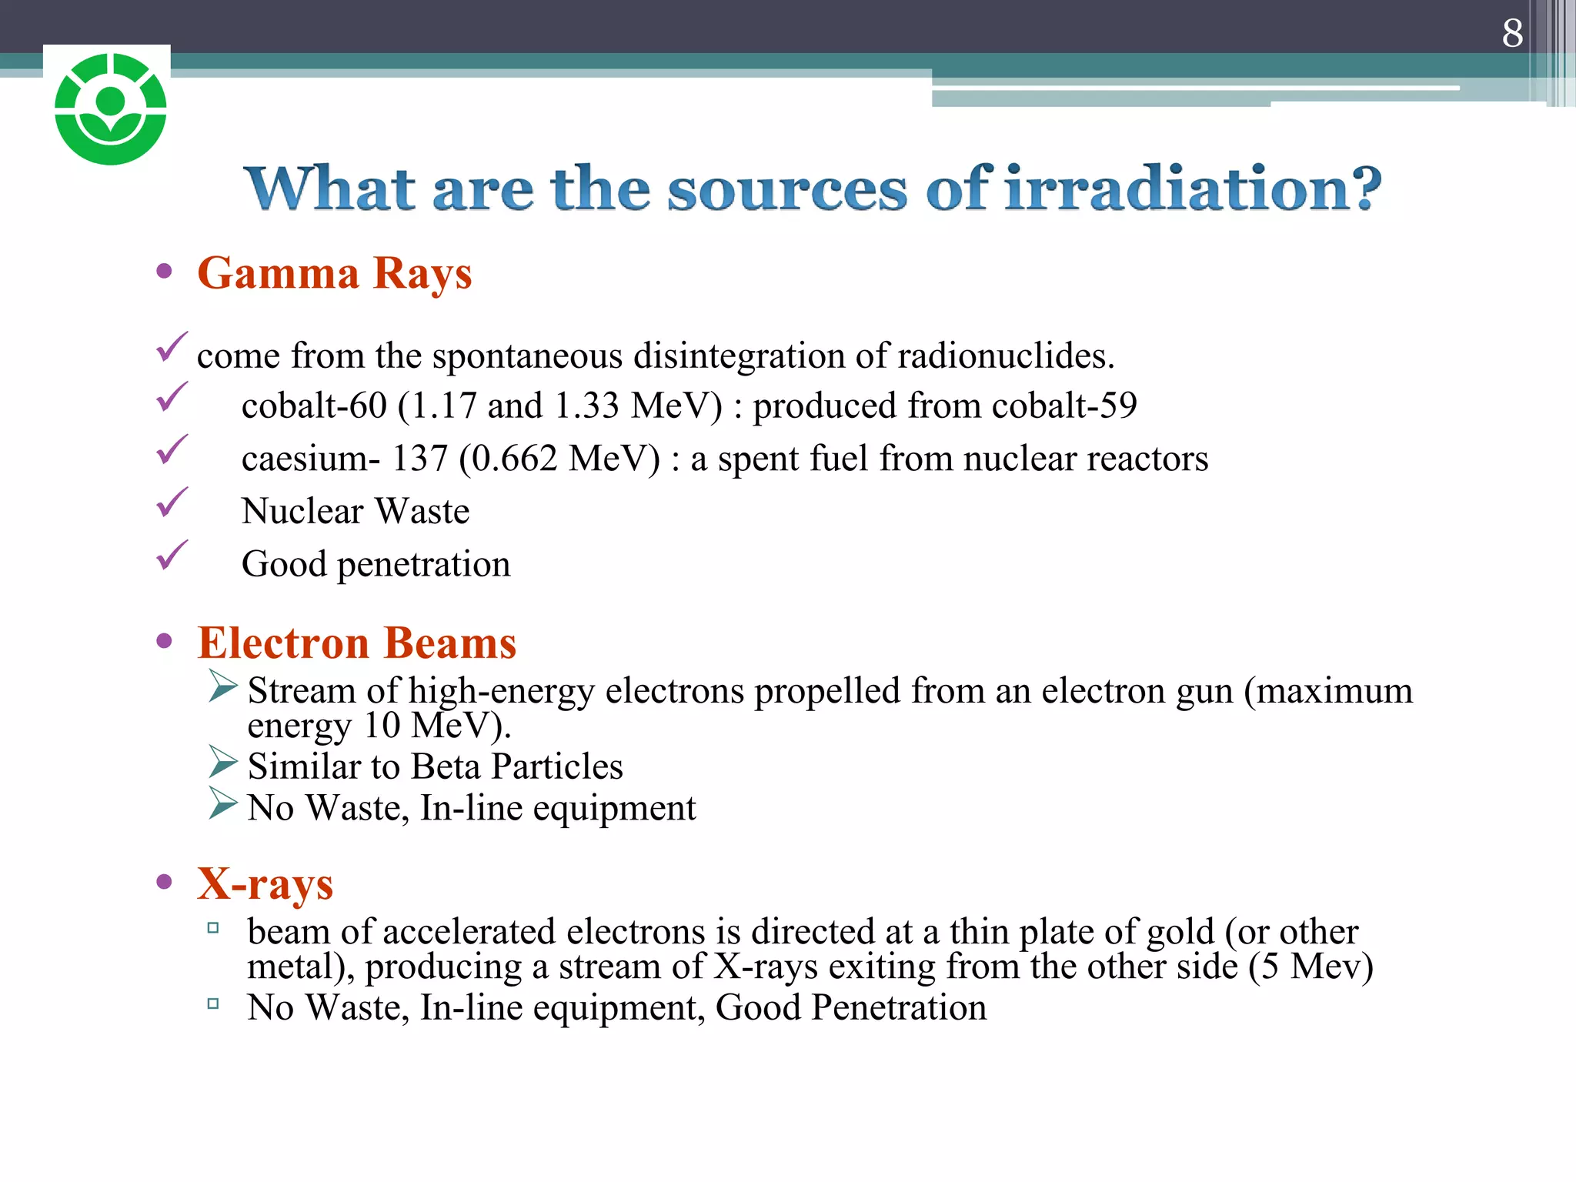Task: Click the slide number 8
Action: [1512, 33]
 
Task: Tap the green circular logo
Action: [111, 109]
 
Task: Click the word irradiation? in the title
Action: [1193, 189]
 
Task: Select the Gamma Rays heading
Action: [334, 273]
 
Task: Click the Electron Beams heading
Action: [356, 643]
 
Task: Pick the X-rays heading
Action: [265, 883]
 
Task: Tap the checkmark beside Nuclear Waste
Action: [172, 503]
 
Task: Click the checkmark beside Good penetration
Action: [172, 556]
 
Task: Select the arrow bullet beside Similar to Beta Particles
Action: [222, 762]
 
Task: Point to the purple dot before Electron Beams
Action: [163, 641]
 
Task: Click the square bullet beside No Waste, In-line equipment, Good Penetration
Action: [213, 1003]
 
